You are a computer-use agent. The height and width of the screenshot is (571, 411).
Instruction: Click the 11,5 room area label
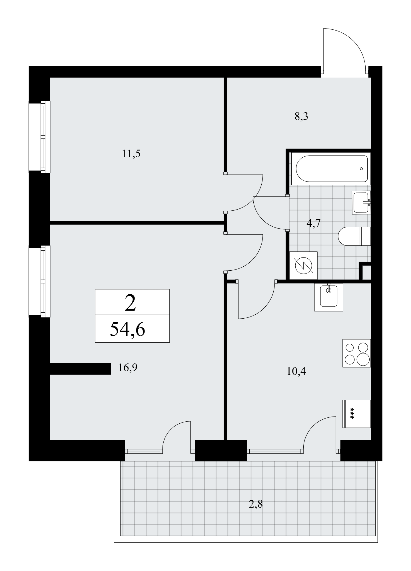(x=131, y=154)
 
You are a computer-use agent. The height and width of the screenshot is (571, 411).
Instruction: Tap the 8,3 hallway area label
(x=302, y=117)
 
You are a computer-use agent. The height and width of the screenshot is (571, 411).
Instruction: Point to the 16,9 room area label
(x=128, y=368)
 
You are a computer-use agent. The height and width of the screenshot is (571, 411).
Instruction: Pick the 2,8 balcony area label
(x=256, y=504)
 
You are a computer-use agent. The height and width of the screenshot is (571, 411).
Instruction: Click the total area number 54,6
(x=127, y=329)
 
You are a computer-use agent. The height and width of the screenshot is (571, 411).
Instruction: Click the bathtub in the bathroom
(x=332, y=168)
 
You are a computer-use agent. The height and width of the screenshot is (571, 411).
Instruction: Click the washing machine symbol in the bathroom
(x=303, y=265)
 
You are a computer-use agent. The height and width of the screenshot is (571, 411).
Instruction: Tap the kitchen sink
(x=328, y=297)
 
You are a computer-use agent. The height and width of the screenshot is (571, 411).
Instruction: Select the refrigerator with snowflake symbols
(x=356, y=414)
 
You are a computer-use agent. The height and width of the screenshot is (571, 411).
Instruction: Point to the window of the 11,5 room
(x=40, y=137)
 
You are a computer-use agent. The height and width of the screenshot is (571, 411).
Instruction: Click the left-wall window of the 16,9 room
(x=40, y=281)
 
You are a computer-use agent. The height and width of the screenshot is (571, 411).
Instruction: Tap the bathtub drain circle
(x=361, y=168)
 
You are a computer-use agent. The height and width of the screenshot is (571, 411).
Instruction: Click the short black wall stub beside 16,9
(x=80, y=369)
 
